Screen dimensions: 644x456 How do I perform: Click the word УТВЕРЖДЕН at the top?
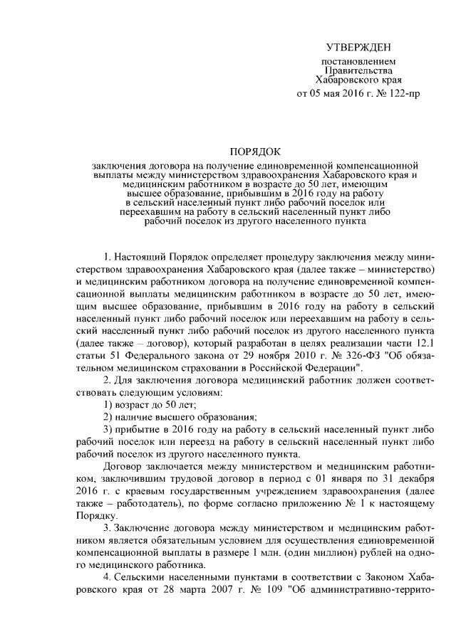358,48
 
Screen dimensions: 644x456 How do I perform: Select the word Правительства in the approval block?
358,71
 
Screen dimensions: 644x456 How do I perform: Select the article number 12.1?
423,344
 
